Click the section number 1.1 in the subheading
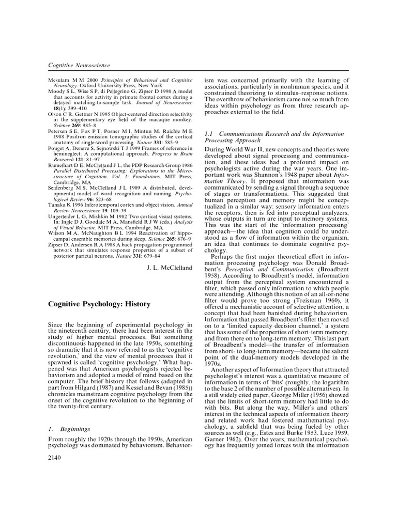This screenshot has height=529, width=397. point(210,134)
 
